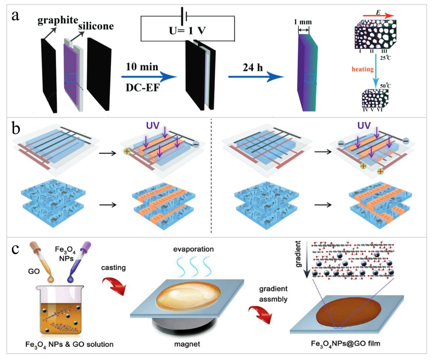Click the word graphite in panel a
pyautogui.click(x=57, y=21)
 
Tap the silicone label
pyautogui.click(x=96, y=26)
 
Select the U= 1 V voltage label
pyautogui.click(x=187, y=31)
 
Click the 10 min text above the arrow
pyautogui.click(x=142, y=67)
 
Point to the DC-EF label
pyautogui.click(x=143, y=88)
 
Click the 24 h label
pyautogui.click(x=253, y=68)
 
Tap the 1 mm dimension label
pyautogui.click(x=303, y=22)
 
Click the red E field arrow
pyautogui.click(x=378, y=16)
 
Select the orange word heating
pyautogui.click(x=363, y=69)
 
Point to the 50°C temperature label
pyautogui.click(x=385, y=86)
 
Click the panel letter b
pyautogui.click(x=16, y=128)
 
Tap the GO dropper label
pyautogui.click(x=34, y=271)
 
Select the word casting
pyautogui.click(x=114, y=268)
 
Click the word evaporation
pyautogui.click(x=194, y=249)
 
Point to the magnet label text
pyautogui.click(x=187, y=344)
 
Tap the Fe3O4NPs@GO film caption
pyautogui.click(x=346, y=344)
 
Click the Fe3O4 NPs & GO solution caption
pyautogui.click(x=69, y=345)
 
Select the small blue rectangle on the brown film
pyautogui.click(x=338, y=326)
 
